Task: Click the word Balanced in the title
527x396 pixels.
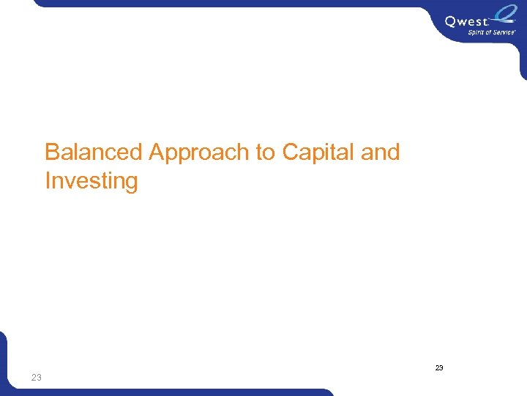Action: tap(94, 153)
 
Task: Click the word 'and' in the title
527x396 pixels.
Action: tap(381, 153)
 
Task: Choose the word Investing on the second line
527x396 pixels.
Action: tap(91, 180)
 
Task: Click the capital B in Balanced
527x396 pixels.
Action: tap(52, 153)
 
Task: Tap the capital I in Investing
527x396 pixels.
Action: tap(48, 180)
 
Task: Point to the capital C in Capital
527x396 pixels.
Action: tap(291, 153)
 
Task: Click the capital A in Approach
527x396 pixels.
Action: tap(157, 153)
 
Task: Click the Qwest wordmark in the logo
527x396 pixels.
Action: tap(465, 22)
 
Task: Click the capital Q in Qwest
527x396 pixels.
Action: tap(451, 22)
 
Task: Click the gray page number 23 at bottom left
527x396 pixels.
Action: tap(37, 378)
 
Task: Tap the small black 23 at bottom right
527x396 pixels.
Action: tap(439, 367)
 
